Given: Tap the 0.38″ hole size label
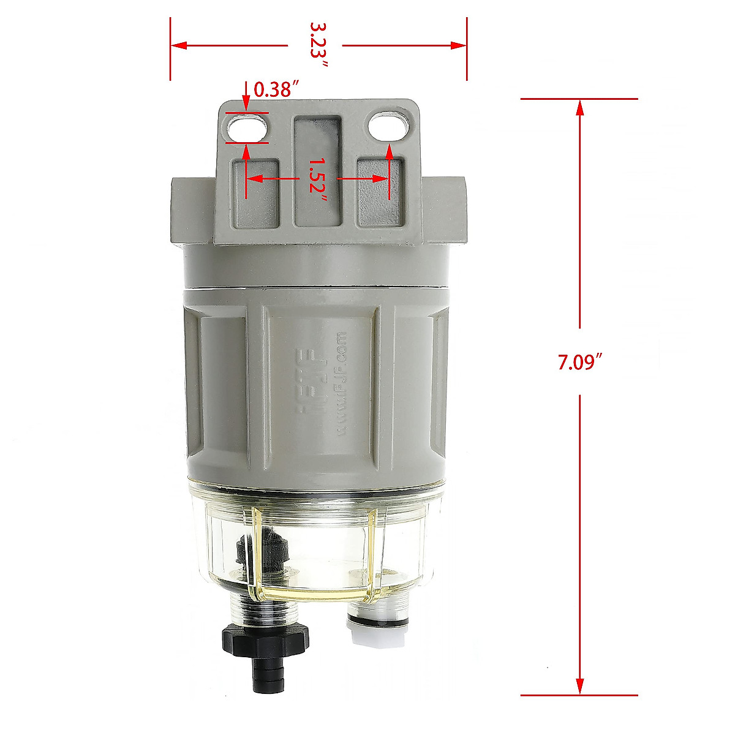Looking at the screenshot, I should pyautogui.click(x=276, y=90).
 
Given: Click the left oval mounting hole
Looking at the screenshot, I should pyautogui.click(x=247, y=128).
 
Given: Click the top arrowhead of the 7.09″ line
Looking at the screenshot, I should pyautogui.click(x=579, y=107).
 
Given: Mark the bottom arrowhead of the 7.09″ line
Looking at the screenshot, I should pyautogui.click(x=579, y=686).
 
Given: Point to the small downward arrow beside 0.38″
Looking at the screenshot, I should pyautogui.click(x=246, y=101).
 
